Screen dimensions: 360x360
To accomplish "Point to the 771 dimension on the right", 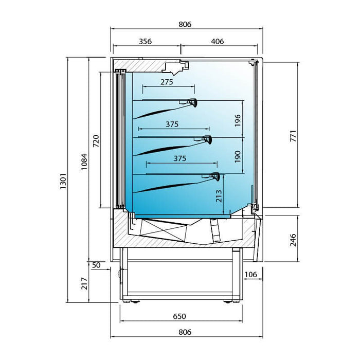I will [293, 136].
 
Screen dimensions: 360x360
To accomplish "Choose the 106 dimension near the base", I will [251, 275].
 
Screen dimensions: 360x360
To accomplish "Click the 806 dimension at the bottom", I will [185, 332].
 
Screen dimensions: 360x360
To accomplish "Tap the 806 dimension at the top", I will [185, 24].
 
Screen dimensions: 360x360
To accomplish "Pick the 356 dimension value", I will [146, 42].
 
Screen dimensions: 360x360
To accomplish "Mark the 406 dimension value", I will [218, 42].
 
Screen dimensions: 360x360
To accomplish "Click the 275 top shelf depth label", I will [166, 82].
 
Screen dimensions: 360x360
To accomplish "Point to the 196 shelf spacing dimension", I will [237, 120].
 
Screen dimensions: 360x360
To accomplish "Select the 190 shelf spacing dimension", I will [237, 157].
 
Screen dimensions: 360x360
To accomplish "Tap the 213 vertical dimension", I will [219, 196].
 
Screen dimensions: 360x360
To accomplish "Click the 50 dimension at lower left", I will [96, 265].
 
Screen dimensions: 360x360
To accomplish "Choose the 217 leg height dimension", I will [84, 283].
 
